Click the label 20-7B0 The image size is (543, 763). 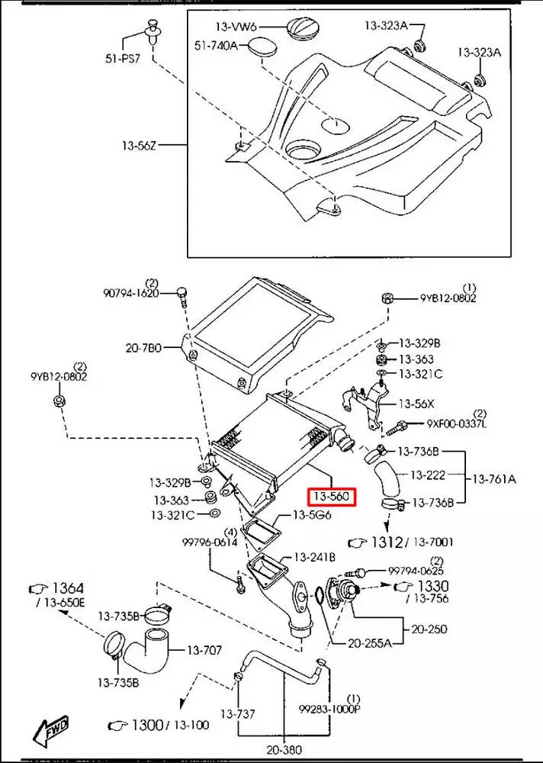coord(144,348)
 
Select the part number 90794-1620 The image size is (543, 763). coord(132,293)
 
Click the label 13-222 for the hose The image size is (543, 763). coord(428,475)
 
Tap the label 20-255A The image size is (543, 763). coord(369,643)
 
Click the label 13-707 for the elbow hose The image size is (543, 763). coord(204,650)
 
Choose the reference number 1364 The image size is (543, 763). coord(66,588)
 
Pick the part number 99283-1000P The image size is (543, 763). coord(330,709)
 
